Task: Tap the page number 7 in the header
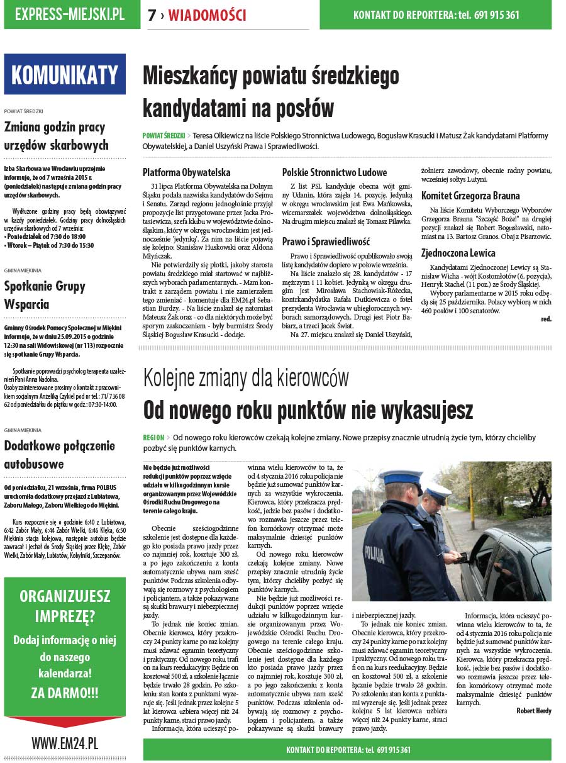152,16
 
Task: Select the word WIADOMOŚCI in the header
207,16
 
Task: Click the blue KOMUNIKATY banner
65,74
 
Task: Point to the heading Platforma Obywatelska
186,172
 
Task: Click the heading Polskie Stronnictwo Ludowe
335,172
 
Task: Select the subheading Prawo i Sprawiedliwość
326,241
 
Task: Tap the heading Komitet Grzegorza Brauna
470,196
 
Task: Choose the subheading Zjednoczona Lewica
458,253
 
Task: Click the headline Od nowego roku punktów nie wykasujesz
308,409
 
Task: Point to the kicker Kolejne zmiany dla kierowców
246,379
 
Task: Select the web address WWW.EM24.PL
65,743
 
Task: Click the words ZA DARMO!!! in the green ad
65,693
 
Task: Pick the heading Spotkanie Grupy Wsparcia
45,296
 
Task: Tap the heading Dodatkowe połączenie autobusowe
60,455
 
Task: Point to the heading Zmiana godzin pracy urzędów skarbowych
57,136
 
